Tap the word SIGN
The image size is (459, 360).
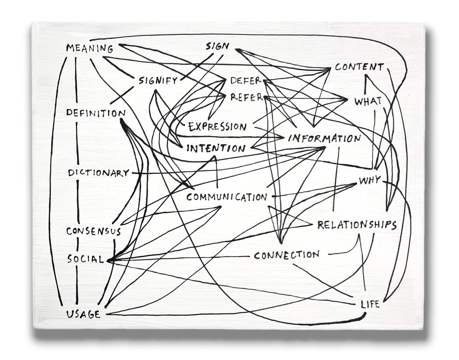click(217, 46)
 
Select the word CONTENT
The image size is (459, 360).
click(359, 68)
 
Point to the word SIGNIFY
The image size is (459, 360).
click(158, 81)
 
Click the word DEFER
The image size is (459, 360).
click(245, 81)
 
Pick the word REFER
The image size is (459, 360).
click(246, 97)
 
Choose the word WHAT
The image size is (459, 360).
click(368, 101)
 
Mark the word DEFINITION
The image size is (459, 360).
click(95, 113)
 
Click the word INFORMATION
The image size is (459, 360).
click(324, 138)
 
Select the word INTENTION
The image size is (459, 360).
click(216, 148)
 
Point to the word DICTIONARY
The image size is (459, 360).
click(99, 173)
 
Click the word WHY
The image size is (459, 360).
click(370, 180)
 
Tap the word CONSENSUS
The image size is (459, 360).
click(94, 231)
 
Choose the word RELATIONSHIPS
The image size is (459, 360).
click(357, 225)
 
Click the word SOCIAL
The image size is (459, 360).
click(86, 259)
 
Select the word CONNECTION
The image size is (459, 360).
click(286, 255)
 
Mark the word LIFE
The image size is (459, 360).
click(370, 304)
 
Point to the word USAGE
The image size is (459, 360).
click(83, 314)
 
